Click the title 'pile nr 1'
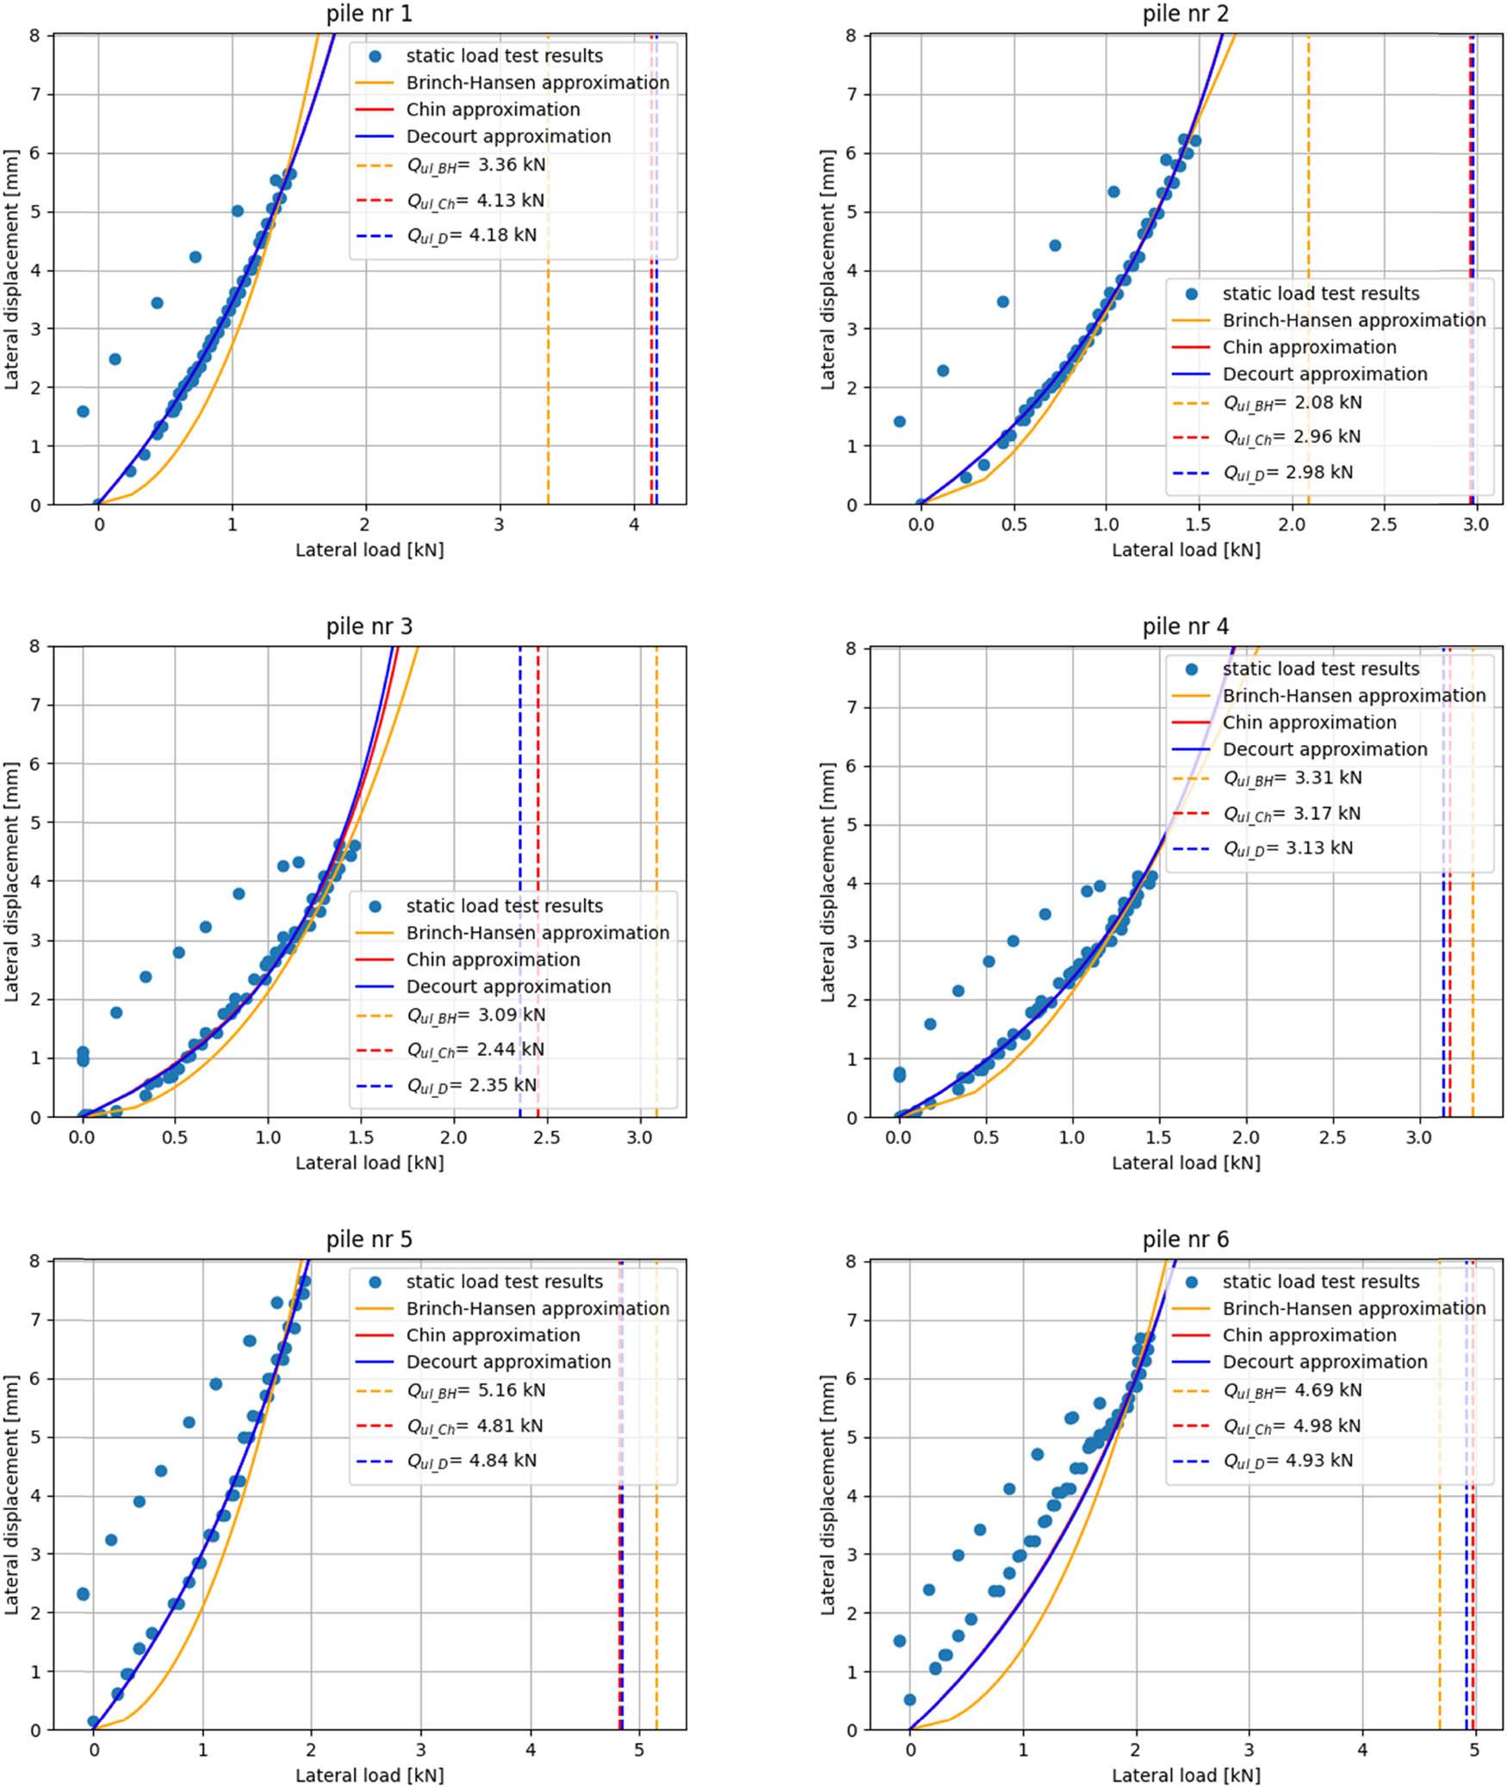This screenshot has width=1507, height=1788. (369, 14)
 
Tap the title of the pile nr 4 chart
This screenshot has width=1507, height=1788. (1185, 627)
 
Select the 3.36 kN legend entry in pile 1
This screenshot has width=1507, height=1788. (475, 165)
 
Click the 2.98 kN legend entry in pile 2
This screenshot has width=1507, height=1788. (1287, 472)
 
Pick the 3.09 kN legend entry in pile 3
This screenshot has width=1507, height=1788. (475, 1015)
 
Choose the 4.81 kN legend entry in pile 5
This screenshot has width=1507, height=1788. (474, 1425)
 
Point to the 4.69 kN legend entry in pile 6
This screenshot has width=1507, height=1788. (1292, 1390)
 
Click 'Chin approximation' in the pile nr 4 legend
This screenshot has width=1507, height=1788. (1309, 723)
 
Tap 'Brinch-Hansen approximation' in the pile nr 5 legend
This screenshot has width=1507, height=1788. (537, 1308)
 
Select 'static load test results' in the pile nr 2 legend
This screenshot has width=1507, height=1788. (1320, 294)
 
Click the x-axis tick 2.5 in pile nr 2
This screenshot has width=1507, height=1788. (1384, 525)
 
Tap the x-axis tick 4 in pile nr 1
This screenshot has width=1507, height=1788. (634, 525)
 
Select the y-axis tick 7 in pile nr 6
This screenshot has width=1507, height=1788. (851, 1320)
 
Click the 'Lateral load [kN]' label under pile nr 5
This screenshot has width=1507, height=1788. (369, 1775)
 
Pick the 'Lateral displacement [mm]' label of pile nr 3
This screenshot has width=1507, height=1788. (12, 881)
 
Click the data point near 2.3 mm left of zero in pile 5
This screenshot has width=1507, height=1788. (83, 1594)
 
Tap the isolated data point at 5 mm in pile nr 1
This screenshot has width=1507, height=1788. (237, 211)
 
